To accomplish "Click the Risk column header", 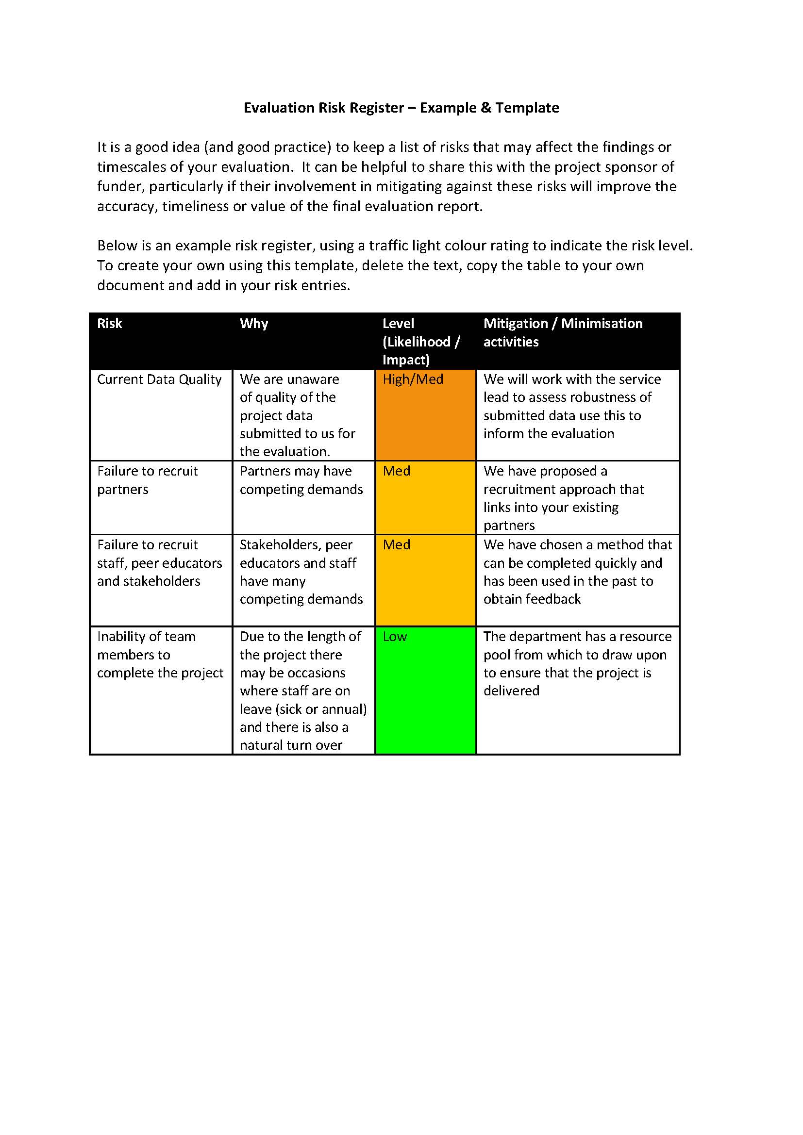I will point(109,323).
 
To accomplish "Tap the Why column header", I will point(253,323).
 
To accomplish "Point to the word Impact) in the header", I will point(405,360).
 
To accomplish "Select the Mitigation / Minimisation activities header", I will point(563,332).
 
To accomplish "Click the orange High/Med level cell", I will point(425,414).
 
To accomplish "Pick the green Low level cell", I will point(425,690).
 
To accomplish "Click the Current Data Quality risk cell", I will point(159,379).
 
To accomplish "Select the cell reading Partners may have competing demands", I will point(301,480).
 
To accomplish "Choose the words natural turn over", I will point(291,745).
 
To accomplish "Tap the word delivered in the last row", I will point(511,691).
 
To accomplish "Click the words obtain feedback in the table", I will point(532,599).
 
